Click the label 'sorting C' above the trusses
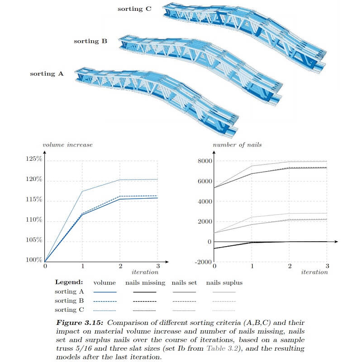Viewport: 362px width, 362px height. point(134,9)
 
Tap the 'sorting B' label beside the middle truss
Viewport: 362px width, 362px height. point(90,41)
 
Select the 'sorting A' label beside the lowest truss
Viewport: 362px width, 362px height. point(47,74)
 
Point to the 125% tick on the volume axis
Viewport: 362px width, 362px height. point(34,159)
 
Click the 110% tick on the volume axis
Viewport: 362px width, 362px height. point(34,220)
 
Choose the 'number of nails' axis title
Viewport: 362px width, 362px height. point(231,145)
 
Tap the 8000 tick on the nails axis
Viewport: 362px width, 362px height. point(205,161)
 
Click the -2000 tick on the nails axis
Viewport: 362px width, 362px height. point(203,262)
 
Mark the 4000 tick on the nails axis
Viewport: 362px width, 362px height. point(205,201)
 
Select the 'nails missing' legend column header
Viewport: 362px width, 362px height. point(144,283)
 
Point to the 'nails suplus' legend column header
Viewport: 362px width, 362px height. point(224,283)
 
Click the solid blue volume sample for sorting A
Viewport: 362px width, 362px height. point(105,292)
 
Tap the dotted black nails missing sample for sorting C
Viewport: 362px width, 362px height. point(144,310)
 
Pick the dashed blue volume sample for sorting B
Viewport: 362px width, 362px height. point(105,301)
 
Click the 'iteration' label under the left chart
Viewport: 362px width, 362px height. point(145,272)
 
